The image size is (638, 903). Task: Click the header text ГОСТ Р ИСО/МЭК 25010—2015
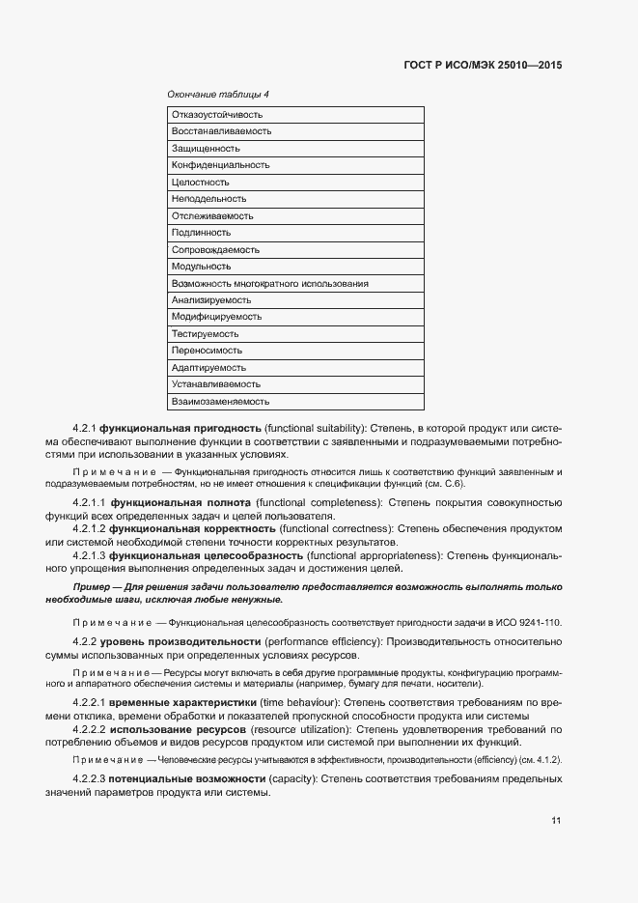click(x=482, y=66)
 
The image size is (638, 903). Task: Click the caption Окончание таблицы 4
click(x=218, y=95)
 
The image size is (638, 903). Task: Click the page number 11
click(x=556, y=821)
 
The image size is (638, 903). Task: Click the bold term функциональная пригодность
click(x=186, y=428)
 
